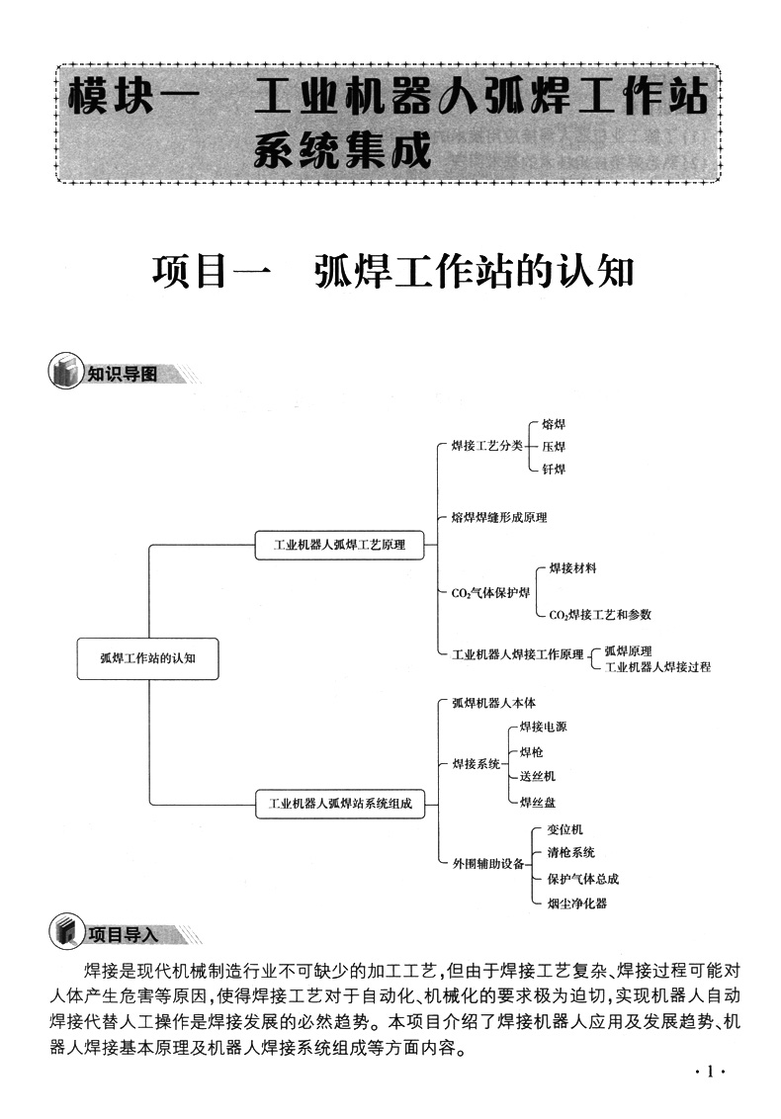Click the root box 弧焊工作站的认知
pyautogui.click(x=147, y=658)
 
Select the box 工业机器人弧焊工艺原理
pyautogui.click(x=338, y=544)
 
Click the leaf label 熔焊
pyautogui.click(x=554, y=425)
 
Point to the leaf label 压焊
pyautogui.click(x=554, y=447)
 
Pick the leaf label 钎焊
pyautogui.click(x=554, y=469)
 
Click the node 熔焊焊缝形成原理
pyautogui.click(x=498, y=517)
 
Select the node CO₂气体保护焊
pyautogui.click(x=490, y=593)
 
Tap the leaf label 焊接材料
pyautogui.click(x=572, y=568)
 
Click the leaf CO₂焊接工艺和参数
pyautogui.click(x=600, y=614)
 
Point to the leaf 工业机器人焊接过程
pyautogui.click(x=656, y=667)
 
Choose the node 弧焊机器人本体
pyautogui.click(x=493, y=703)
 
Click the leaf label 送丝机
pyautogui.click(x=537, y=777)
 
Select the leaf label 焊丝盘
pyautogui.click(x=537, y=802)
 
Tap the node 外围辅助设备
pyautogui.click(x=487, y=863)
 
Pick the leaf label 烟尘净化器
pyautogui.click(x=576, y=903)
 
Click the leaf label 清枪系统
pyautogui.click(x=570, y=852)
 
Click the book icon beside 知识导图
pyautogui.click(x=65, y=374)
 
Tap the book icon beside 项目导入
pyautogui.click(x=65, y=932)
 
